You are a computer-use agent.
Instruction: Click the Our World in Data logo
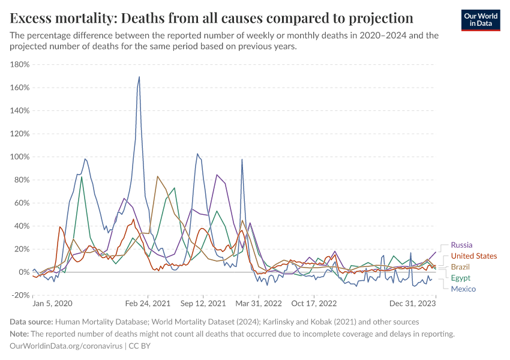tap(481, 20)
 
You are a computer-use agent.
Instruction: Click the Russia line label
tap(461, 245)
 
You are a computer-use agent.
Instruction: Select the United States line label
tap(473, 256)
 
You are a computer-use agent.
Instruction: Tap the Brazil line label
tap(460, 267)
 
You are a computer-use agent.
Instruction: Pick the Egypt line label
tap(460, 278)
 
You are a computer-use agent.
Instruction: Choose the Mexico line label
tap(463, 289)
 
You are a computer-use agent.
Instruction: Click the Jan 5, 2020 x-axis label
tap(52, 304)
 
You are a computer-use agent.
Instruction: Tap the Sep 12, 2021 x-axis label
tap(204, 304)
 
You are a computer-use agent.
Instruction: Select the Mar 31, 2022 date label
tap(259, 304)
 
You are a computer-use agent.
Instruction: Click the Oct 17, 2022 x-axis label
tap(314, 304)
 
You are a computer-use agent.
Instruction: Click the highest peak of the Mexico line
tap(139, 77)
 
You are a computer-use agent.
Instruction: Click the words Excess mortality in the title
tap(55, 17)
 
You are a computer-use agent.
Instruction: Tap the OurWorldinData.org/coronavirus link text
tap(66, 346)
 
